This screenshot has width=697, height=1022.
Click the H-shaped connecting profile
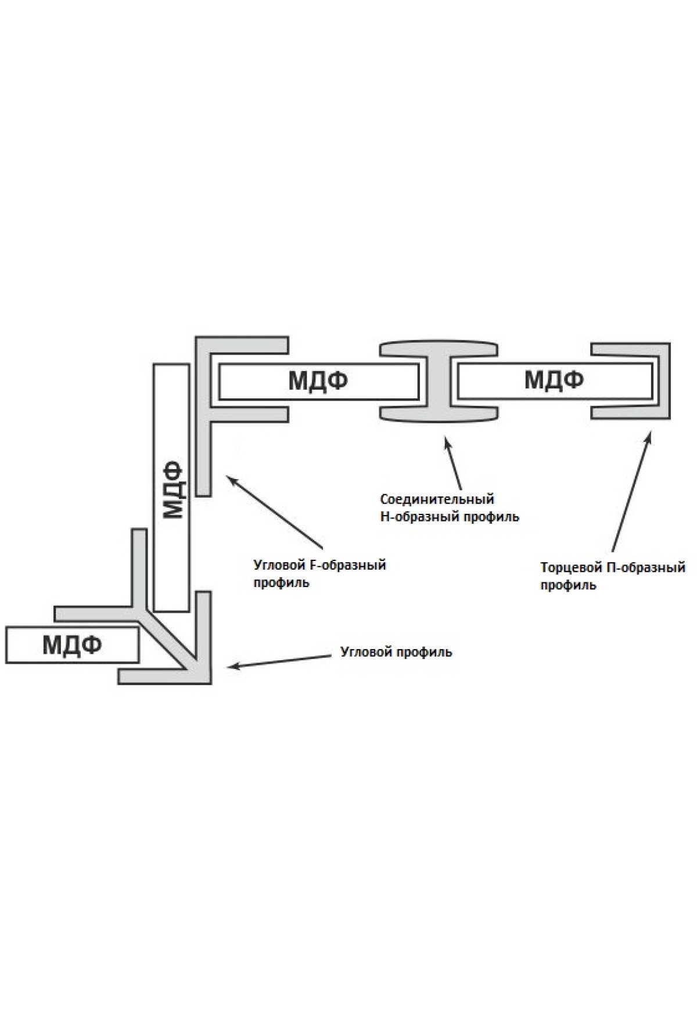tap(439, 381)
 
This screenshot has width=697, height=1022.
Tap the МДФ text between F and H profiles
tap(318, 381)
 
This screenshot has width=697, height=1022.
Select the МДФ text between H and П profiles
tap(554, 380)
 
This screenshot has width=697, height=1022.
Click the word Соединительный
tap(437, 499)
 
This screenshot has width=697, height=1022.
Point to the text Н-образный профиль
tap(450, 516)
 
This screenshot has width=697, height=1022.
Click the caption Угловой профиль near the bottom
tap(396, 652)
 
